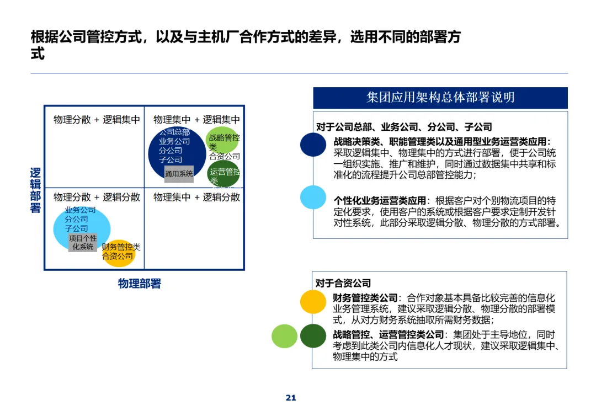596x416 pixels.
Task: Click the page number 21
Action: point(291,398)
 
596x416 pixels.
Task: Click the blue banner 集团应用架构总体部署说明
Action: point(440,98)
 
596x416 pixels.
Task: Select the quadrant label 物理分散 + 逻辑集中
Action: point(97,119)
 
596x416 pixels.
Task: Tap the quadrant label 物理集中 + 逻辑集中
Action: point(196,119)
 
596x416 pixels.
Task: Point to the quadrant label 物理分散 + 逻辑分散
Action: point(97,197)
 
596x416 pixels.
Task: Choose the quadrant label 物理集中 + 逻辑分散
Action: point(196,197)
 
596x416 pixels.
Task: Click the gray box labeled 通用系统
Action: point(179,173)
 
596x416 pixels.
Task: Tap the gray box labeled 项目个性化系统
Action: point(83,242)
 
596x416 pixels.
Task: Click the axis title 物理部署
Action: point(139,284)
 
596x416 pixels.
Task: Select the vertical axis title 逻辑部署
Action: point(35,190)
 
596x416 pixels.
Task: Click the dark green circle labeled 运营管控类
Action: point(223,173)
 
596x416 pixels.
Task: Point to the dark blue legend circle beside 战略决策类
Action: point(313,145)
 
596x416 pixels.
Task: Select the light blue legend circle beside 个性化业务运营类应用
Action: point(313,198)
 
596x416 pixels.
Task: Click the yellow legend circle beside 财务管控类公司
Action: point(313,302)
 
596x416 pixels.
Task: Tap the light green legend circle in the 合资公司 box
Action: point(284,336)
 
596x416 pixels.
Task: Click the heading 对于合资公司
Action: point(343,283)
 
